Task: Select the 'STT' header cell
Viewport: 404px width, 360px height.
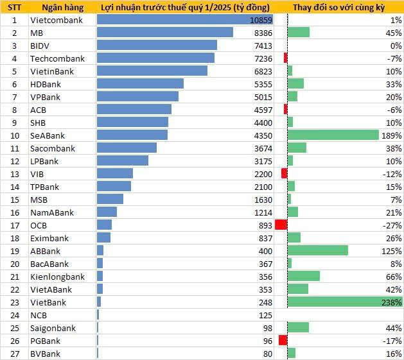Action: pyautogui.click(x=13, y=7)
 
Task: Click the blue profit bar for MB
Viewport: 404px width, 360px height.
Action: pyautogui.click(x=164, y=33)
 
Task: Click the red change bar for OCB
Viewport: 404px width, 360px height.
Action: pyautogui.click(x=281, y=225)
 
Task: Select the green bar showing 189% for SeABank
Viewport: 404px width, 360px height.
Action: pyautogui.click(x=333, y=135)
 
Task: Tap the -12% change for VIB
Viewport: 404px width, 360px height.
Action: pyautogui.click(x=392, y=174)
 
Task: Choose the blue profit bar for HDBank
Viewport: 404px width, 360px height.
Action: pyautogui.click(x=140, y=84)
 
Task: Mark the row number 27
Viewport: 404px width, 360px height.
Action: pyautogui.click(x=13, y=354)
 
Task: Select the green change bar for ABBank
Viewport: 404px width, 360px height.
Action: pyautogui.click(x=318, y=251)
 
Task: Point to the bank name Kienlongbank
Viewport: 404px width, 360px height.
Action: pyautogui.click(x=58, y=277)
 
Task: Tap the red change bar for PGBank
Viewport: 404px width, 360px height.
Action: pyautogui.click(x=283, y=341)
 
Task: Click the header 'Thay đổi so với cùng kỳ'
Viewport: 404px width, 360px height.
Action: pyautogui.click(x=338, y=7)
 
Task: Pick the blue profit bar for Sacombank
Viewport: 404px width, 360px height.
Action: pyautogui.click(x=127, y=148)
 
